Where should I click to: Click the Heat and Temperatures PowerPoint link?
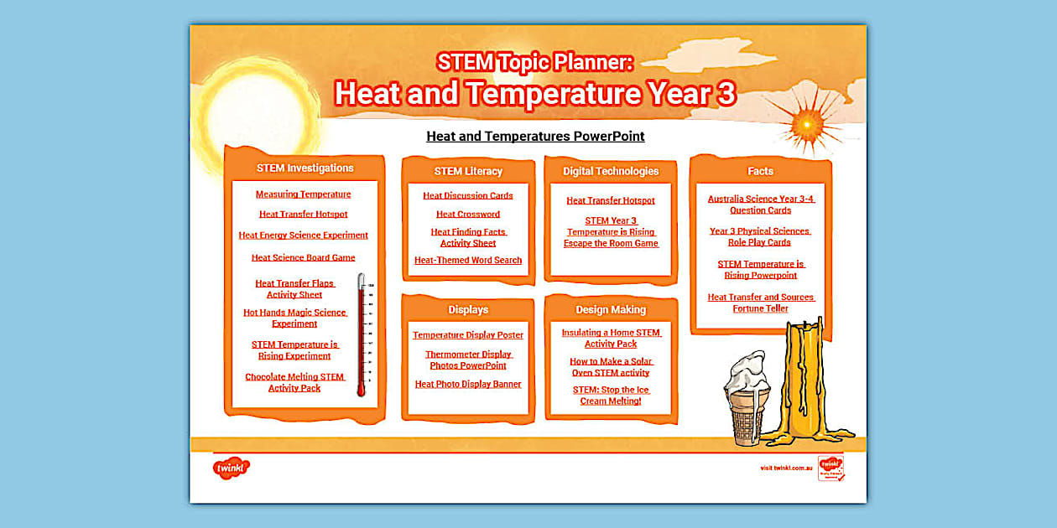(x=535, y=136)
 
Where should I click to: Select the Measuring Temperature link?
(x=303, y=194)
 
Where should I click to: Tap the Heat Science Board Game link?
(x=303, y=258)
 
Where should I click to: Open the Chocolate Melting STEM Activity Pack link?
(x=294, y=382)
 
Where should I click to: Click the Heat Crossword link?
(x=467, y=215)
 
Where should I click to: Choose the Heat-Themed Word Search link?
(x=467, y=261)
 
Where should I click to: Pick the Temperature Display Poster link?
(x=467, y=335)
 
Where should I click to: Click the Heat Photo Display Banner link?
(x=467, y=385)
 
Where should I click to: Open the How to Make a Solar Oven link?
(x=611, y=367)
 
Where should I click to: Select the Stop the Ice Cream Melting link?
(x=611, y=396)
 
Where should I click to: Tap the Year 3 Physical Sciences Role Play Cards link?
(x=760, y=236)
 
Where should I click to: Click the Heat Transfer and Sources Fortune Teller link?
(x=760, y=303)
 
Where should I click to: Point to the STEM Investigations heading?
(x=305, y=168)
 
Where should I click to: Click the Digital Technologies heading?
(x=611, y=171)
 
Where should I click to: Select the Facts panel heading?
(x=760, y=171)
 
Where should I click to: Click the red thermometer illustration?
(x=362, y=335)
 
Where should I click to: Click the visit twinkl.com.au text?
(x=786, y=468)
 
